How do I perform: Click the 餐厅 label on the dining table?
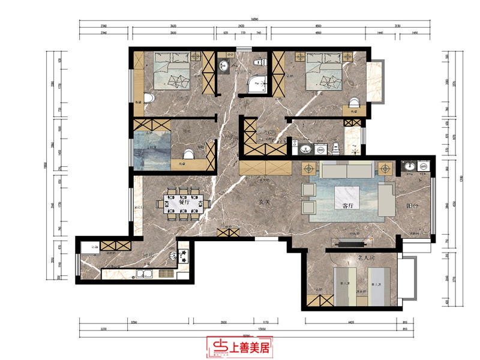coord(184,202)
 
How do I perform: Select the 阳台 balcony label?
coord(413,206)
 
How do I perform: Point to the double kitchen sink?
coord(145,275)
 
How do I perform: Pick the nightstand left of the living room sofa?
coord(310,169)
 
